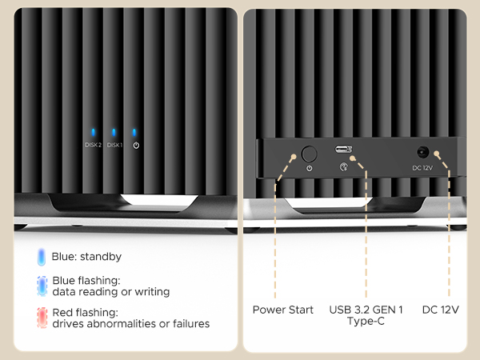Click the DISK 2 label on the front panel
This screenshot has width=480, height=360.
(93, 145)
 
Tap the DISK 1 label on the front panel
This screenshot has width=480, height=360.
(114, 145)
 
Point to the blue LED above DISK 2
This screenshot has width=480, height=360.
(93, 133)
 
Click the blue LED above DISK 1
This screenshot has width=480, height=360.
(114, 133)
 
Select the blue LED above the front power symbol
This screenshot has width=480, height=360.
(136, 133)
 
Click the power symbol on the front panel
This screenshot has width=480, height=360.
(136, 146)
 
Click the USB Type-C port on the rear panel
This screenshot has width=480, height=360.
(344, 150)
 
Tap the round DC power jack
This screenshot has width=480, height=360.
(422, 151)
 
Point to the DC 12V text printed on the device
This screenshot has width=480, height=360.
(422, 167)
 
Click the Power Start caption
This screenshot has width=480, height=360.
(282, 310)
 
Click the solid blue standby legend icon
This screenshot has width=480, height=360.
(41, 258)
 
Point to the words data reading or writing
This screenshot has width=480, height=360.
(111, 292)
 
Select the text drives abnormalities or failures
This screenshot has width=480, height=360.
(131, 324)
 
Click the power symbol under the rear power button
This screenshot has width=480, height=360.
(310, 168)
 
